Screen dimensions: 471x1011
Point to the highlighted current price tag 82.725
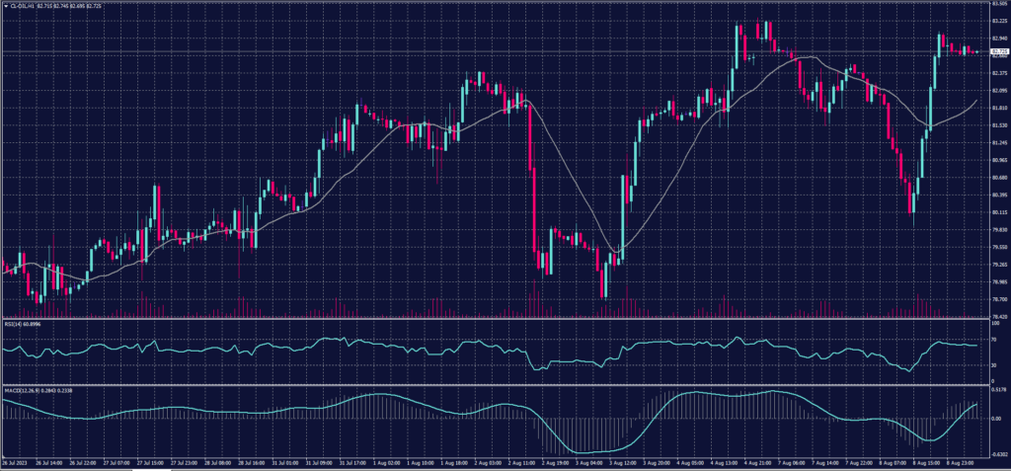coord(998,50)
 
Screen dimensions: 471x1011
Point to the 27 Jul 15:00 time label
coord(154,462)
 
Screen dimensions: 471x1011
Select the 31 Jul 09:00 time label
coord(320,462)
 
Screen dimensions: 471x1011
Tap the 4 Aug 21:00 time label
coord(758,462)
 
